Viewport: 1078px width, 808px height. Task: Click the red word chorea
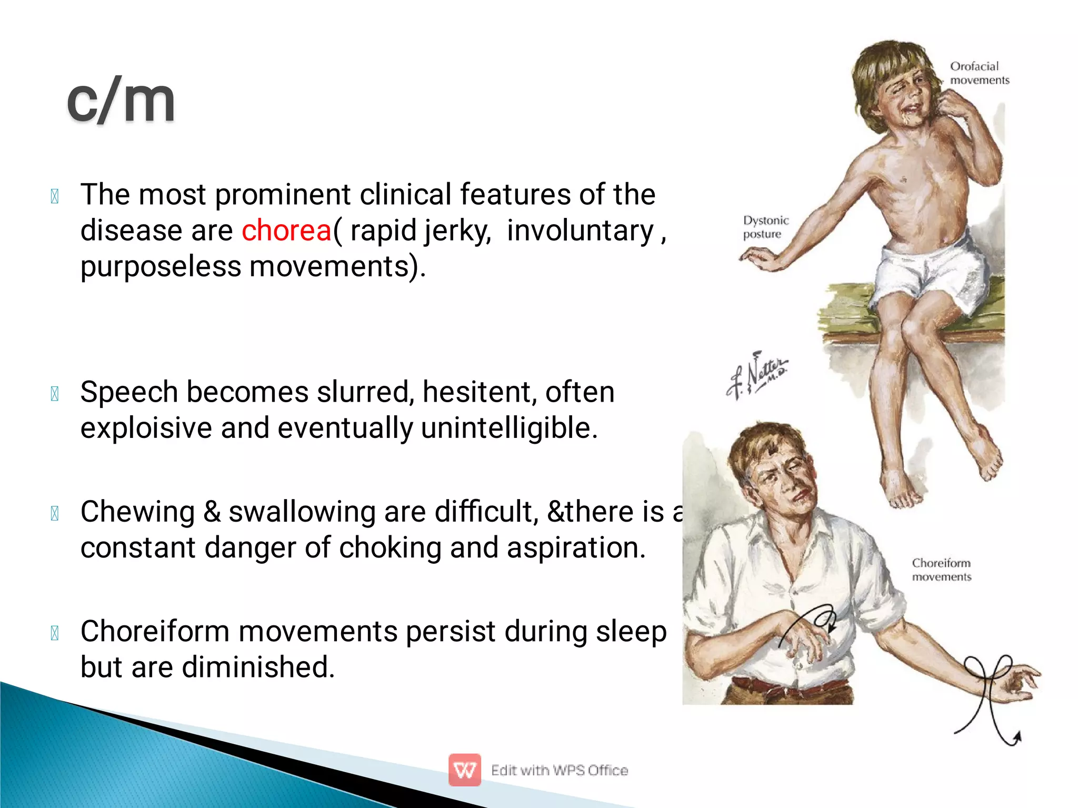click(x=286, y=231)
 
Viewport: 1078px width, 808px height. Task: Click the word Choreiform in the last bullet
click(x=155, y=631)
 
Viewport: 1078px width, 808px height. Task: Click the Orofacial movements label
click(x=979, y=73)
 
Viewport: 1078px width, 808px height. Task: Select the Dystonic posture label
click(x=765, y=227)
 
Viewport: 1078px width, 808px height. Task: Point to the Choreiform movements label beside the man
click(x=941, y=570)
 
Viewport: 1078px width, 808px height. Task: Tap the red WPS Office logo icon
click(x=464, y=770)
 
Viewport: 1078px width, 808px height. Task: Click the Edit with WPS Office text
click(x=559, y=770)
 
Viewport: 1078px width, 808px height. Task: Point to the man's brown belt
click(x=790, y=686)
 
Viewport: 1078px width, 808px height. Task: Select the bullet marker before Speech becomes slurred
click(x=55, y=394)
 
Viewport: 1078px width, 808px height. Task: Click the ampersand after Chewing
click(x=212, y=512)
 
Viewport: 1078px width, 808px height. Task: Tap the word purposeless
click(x=161, y=266)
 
